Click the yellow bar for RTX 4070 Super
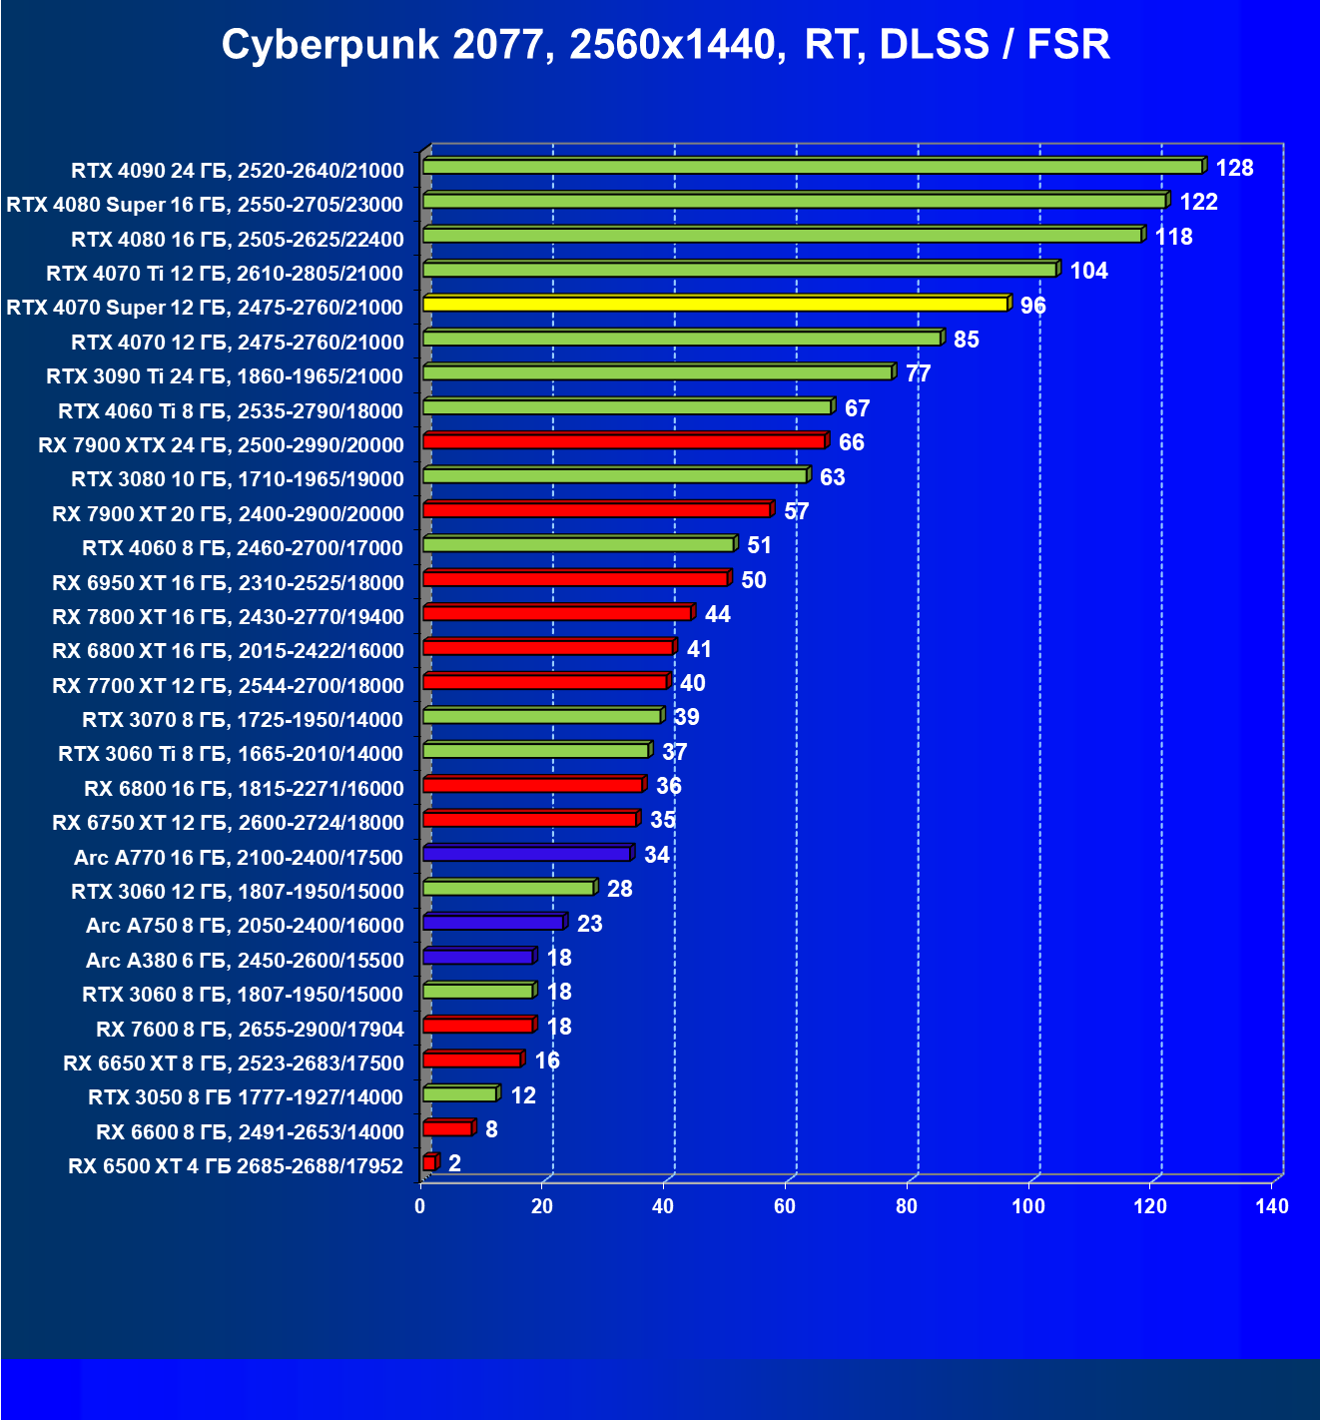715,304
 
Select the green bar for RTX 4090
813,167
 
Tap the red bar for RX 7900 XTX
624,441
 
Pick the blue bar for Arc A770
526,854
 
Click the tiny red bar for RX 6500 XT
429,1162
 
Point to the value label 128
1234,168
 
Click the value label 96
1032,306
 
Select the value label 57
796,511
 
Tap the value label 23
589,924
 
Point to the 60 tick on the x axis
785,1206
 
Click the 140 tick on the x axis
1271,1206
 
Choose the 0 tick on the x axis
420,1206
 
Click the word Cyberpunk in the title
330,45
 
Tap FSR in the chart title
1068,45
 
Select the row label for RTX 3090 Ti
225,376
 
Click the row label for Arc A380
245,961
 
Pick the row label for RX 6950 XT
228,583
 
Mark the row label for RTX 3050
246,1097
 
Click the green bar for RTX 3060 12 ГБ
508,888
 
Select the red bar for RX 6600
447,1128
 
